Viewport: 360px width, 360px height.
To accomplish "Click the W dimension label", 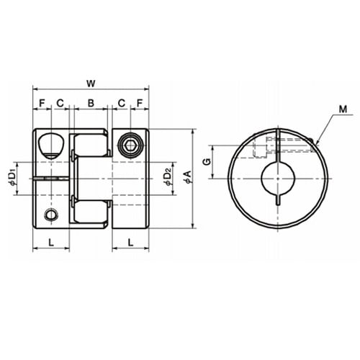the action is coord(91,84).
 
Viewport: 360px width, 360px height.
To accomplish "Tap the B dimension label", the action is coord(91,103).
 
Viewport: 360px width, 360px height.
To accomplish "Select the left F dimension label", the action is coord(42,103).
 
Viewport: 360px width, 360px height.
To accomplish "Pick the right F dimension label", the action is coord(140,103).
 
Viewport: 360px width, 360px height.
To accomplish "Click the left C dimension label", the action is coord(60,103).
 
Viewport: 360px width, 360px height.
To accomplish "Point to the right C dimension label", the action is coord(122,103).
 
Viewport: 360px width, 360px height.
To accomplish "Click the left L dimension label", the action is coord(51,243).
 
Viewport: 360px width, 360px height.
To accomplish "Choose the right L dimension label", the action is coord(130,243).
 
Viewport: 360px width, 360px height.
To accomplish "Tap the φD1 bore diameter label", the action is coord(12,178).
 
